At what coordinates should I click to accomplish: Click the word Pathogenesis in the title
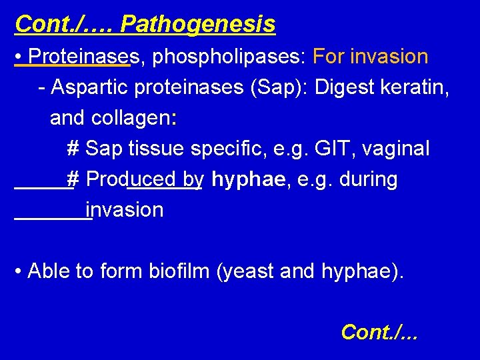[x=197, y=25]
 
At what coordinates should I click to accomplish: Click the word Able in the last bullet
[x=50, y=271]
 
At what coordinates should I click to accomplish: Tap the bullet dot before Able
[x=19, y=272]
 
